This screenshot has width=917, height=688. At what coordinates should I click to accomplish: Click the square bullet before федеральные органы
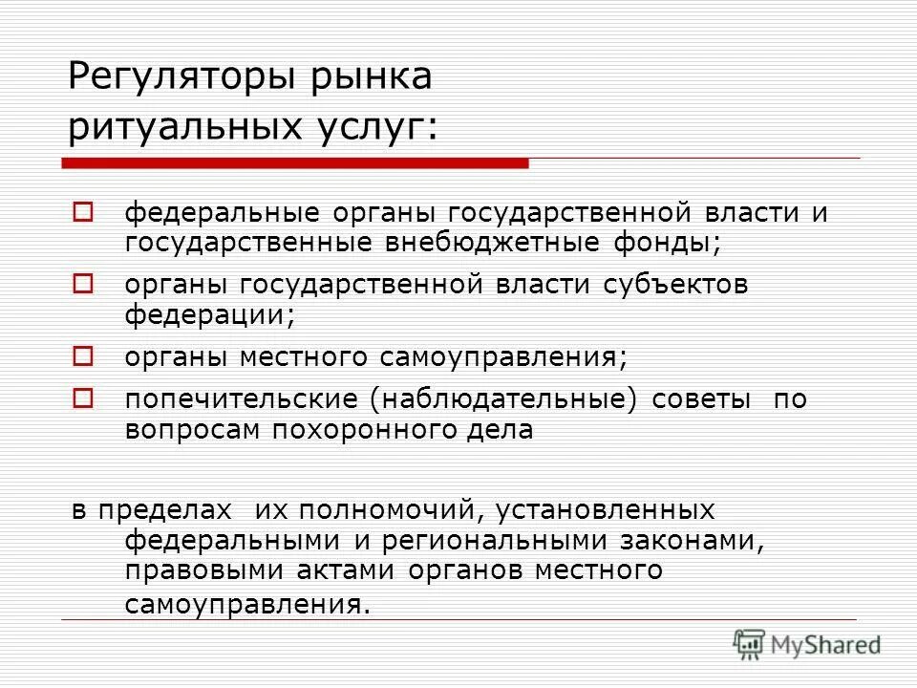coord(83,212)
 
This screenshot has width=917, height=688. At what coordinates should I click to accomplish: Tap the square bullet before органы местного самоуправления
coord(83,357)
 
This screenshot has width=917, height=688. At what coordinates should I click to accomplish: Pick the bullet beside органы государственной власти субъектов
coord(83,285)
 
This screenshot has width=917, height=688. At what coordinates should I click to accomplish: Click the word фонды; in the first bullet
coord(666,242)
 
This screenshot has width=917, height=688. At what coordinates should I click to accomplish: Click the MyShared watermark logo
coord(807,645)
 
